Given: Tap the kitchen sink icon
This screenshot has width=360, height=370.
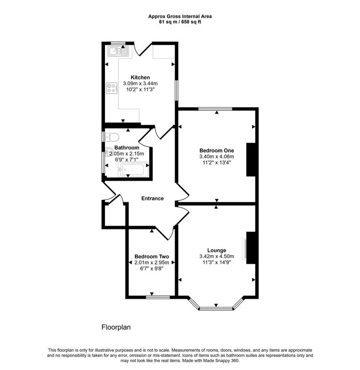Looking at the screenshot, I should [x=117, y=51].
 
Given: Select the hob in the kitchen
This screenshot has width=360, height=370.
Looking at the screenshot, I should [x=112, y=88].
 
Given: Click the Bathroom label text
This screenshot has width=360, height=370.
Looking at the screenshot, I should [x=127, y=147].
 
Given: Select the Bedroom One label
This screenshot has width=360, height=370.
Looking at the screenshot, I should [x=216, y=150].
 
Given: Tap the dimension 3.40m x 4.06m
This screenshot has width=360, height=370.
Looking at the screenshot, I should [x=216, y=156].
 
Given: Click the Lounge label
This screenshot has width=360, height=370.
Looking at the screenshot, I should [x=217, y=250].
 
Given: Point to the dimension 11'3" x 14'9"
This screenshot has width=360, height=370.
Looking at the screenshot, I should [x=217, y=263].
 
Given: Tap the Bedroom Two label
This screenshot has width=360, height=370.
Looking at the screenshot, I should [x=151, y=256].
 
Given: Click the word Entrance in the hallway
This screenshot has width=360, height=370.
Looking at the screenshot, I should [x=152, y=198].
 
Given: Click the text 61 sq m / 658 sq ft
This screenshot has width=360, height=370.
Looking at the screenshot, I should [x=180, y=22].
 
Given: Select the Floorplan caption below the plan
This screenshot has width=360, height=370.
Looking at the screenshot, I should [x=116, y=327].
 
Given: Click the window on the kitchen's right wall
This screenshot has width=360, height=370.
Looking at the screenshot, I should [x=176, y=90].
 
